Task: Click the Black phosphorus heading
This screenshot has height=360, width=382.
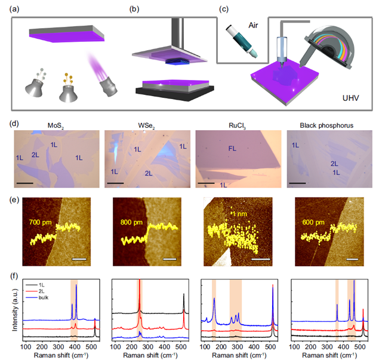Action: (327, 126)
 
